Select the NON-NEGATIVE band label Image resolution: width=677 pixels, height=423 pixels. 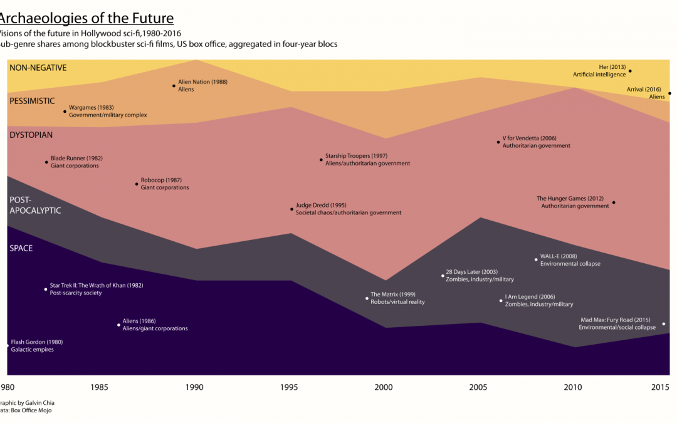click(x=38, y=68)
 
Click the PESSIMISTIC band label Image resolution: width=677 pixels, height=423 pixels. click(x=32, y=101)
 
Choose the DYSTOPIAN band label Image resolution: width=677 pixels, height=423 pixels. click(x=31, y=135)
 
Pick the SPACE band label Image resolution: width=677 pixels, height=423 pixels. click(x=21, y=248)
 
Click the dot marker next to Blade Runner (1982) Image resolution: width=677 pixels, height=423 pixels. click(x=46, y=162)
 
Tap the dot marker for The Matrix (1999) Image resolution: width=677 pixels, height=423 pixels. click(x=367, y=298)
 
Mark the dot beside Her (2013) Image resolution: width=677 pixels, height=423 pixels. click(x=630, y=71)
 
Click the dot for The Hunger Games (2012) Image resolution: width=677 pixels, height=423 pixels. click(x=614, y=202)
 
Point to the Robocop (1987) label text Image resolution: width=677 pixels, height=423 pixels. click(x=161, y=180)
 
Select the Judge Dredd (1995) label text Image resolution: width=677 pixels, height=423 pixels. click(x=320, y=205)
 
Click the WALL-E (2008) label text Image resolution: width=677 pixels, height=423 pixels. click(x=558, y=256)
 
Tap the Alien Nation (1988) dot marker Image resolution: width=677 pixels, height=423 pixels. click(x=174, y=86)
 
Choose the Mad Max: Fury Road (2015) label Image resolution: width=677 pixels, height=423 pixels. click(x=616, y=320)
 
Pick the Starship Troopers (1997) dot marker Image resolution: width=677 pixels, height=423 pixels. click(x=321, y=160)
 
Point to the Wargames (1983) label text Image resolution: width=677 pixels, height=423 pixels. click(x=91, y=108)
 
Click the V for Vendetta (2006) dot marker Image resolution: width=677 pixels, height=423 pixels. click(x=498, y=142)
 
